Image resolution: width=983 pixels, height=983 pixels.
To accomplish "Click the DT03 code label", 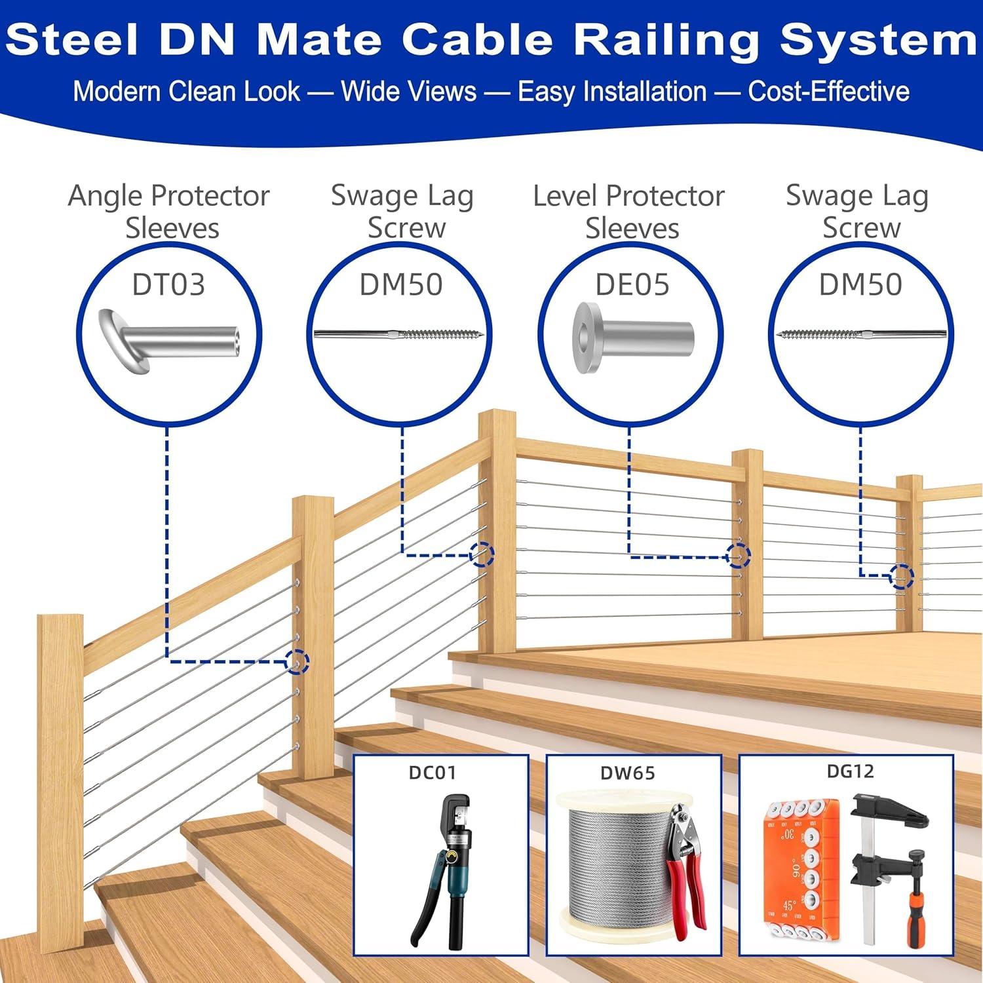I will click(x=168, y=284).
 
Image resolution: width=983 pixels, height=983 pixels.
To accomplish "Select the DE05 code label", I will click(x=632, y=284).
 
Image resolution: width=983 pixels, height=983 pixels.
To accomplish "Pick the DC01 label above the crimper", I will click(x=432, y=773).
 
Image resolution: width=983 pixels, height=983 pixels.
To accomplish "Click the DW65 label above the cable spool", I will click(x=627, y=773).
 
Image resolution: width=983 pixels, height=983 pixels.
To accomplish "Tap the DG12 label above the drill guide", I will click(x=850, y=771).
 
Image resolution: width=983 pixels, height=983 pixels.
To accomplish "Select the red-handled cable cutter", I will click(x=685, y=865).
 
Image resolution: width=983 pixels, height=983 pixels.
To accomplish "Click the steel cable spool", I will click(x=613, y=865).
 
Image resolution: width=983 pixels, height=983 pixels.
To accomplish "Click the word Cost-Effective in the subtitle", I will click(x=828, y=91).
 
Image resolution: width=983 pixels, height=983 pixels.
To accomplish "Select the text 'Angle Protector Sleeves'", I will click(x=169, y=211).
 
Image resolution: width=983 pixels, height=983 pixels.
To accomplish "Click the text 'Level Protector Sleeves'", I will click(x=629, y=211).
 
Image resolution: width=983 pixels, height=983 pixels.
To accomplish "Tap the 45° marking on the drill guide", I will click(x=788, y=906).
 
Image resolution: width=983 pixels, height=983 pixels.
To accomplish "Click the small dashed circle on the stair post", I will click(x=298, y=662).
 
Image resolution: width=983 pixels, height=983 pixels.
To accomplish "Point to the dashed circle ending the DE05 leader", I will click(x=738, y=556).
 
